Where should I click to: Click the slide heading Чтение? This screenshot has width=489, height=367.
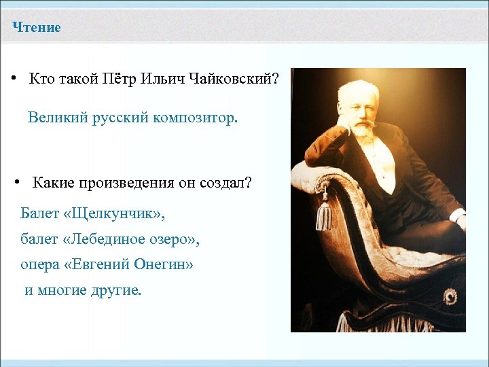coord(37,28)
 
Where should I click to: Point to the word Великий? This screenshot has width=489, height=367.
coord(55,118)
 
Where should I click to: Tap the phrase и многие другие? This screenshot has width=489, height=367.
coord(84,291)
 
